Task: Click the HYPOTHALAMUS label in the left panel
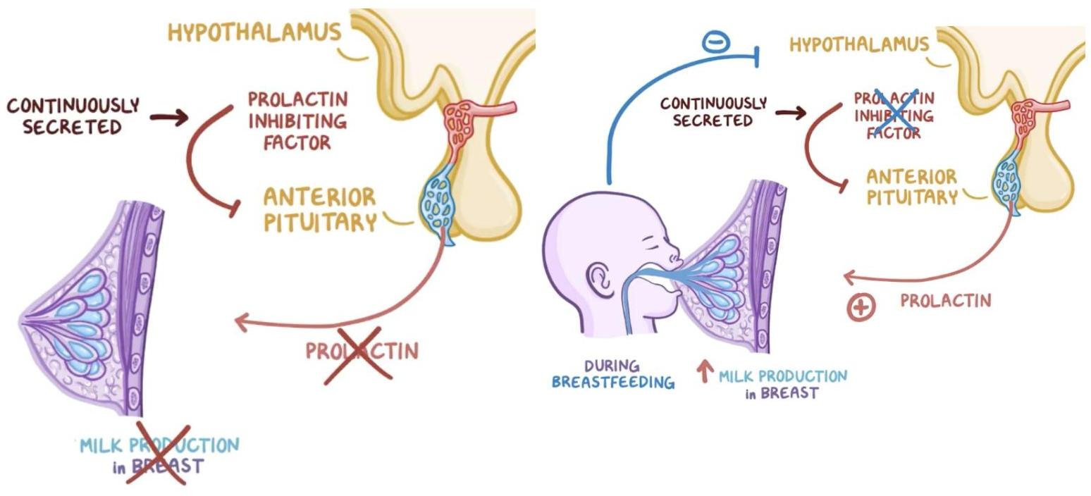click(x=254, y=32)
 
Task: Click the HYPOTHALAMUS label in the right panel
click(x=858, y=45)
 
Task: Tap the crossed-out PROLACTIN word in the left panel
click(x=361, y=351)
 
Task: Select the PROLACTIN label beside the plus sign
click(x=945, y=301)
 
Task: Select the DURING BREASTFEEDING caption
click(x=612, y=375)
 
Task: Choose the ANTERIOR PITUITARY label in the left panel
click(x=319, y=209)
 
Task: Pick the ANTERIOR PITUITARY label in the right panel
click(x=911, y=187)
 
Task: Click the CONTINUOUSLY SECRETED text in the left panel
click(x=73, y=116)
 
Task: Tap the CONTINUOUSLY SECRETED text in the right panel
click(x=713, y=112)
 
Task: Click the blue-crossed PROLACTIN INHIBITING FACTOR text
click(x=894, y=115)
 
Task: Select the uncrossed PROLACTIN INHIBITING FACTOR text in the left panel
click(x=297, y=120)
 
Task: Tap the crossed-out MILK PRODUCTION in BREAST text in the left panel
click(x=159, y=455)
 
